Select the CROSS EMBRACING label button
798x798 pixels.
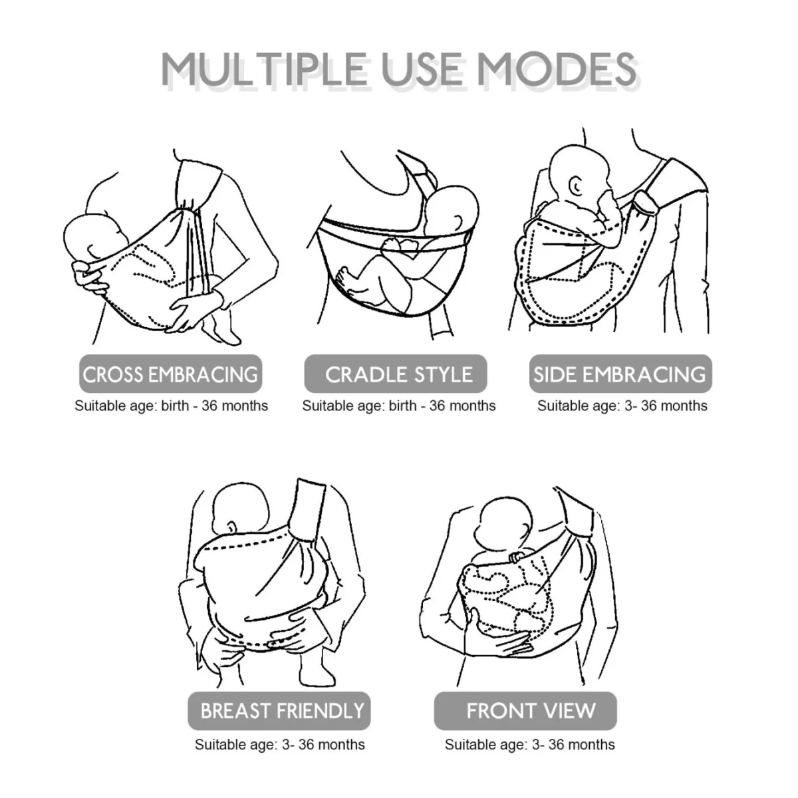coord(170,374)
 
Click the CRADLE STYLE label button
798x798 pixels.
coord(398,374)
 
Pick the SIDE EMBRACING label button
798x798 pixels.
coord(620,374)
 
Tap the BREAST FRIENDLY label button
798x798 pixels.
coord(282,710)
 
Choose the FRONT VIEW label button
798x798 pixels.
coord(531,710)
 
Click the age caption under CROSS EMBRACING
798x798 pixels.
coord(171,406)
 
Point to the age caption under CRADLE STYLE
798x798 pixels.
coord(399,406)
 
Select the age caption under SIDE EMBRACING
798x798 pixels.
coord(622,406)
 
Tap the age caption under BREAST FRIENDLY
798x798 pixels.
coord(279,744)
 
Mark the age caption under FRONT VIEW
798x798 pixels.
coord(529,744)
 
